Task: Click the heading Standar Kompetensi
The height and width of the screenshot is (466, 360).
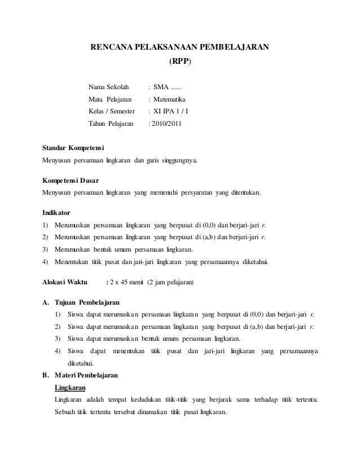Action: (x=69, y=148)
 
